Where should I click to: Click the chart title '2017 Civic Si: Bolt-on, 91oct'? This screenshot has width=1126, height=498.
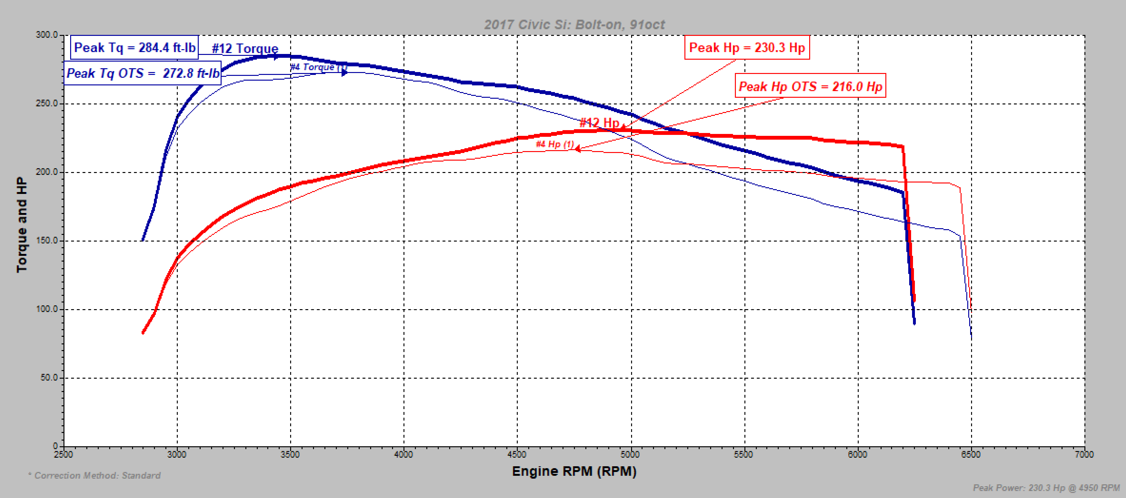[x=574, y=24]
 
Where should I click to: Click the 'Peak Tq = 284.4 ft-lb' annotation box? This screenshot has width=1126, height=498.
[x=135, y=47]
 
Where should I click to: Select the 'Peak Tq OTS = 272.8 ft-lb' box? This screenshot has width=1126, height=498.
[x=143, y=73]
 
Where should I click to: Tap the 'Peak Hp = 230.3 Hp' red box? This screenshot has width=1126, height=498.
[x=747, y=47]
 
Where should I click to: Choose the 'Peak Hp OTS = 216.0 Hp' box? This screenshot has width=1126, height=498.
[x=810, y=86]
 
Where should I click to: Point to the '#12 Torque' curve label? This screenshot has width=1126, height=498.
[x=245, y=49]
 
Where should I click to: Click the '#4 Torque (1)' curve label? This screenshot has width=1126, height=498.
[x=318, y=67]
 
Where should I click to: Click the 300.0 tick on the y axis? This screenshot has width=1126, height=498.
[x=47, y=35]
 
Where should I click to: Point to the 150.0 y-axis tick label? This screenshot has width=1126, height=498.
[x=47, y=241]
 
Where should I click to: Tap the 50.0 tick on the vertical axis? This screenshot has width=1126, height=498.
[x=49, y=377]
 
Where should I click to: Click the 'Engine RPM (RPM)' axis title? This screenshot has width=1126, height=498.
[x=574, y=471]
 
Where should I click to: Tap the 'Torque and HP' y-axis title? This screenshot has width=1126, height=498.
[x=21, y=225]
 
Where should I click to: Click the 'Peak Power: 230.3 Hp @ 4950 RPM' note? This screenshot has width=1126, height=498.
[x=1046, y=488]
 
